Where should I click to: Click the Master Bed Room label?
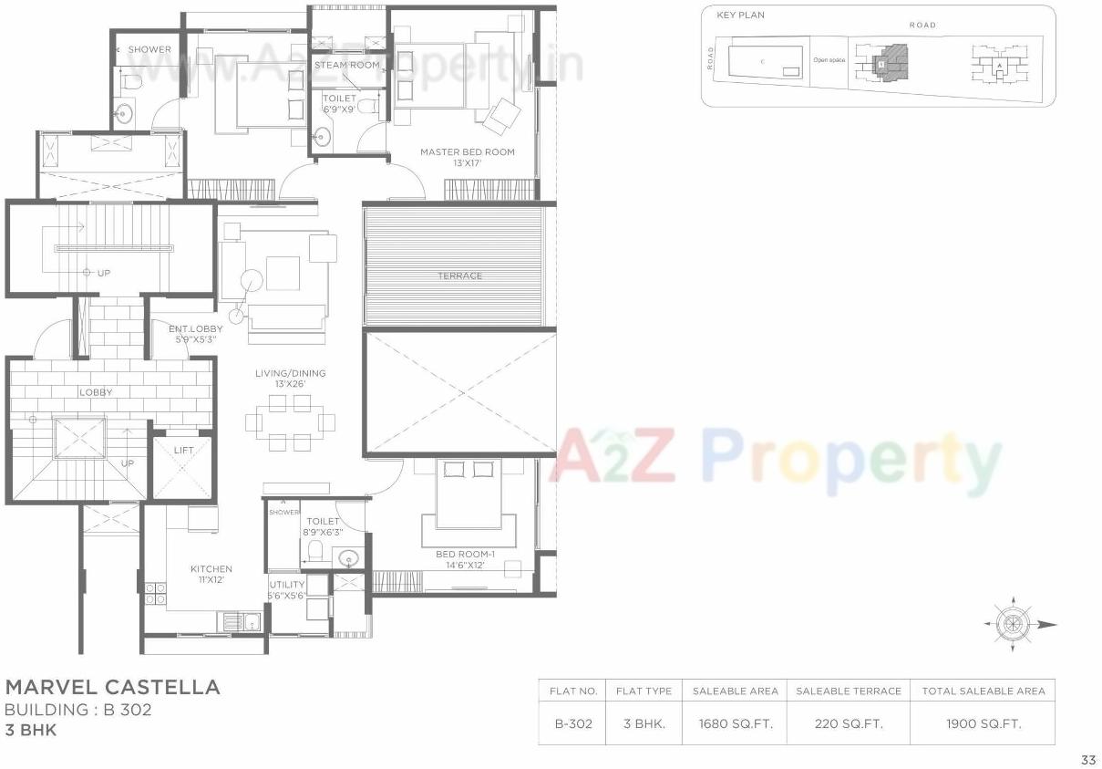[x=467, y=152]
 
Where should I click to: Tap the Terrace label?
[x=459, y=275]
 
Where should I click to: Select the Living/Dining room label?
[x=290, y=373]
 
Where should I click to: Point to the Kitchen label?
[x=211, y=568]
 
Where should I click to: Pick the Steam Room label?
[x=346, y=65]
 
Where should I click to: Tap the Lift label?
[x=182, y=451]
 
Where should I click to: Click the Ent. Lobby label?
[x=195, y=328]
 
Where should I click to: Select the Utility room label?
[x=286, y=585]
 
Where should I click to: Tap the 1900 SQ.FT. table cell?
[x=983, y=724]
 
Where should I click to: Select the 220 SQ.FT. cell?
[x=848, y=724]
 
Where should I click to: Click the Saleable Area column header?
[x=736, y=691]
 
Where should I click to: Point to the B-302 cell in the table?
[x=573, y=724]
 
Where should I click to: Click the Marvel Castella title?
[x=112, y=687]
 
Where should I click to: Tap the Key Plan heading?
[x=740, y=16]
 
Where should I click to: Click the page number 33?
[x=1087, y=759]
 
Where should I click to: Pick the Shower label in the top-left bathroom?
[x=149, y=49]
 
